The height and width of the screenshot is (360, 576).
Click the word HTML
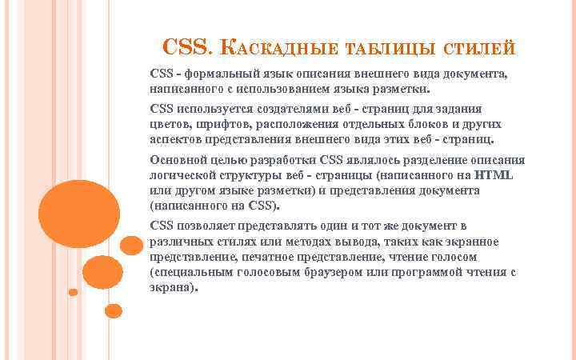click(494, 176)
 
